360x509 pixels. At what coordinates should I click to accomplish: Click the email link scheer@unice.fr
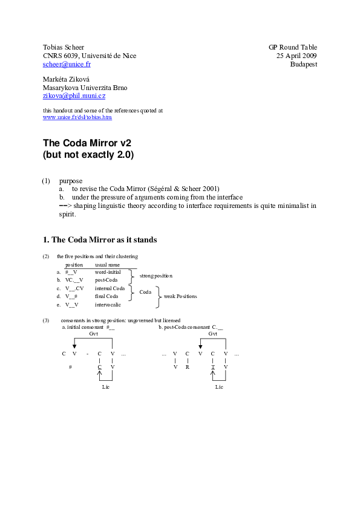tap(67, 64)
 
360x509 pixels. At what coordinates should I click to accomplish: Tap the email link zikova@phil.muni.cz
tap(74, 96)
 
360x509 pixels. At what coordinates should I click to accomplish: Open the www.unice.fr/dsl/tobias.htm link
tap(77, 117)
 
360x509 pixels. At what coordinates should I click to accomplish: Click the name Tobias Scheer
tap(63, 47)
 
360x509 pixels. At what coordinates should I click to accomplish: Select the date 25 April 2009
tap(296, 56)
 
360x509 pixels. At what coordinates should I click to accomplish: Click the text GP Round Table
tap(293, 47)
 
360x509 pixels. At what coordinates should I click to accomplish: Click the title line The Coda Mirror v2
tap(87, 143)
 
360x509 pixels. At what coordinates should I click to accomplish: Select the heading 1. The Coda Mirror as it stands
tap(100, 240)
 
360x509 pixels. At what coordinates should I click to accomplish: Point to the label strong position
tap(155, 276)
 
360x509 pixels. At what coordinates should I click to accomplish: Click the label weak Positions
tap(180, 296)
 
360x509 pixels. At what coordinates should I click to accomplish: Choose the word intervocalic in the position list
tap(108, 305)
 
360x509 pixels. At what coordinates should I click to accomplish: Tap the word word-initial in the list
tap(108, 273)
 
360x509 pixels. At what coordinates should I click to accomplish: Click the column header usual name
tap(107, 265)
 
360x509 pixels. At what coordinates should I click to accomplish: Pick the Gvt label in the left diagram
tap(93, 333)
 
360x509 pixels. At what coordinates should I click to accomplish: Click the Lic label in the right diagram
tap(219, 386)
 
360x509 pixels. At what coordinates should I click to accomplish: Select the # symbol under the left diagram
tap(71, 366)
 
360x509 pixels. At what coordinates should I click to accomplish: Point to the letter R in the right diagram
tap(188, 366)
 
